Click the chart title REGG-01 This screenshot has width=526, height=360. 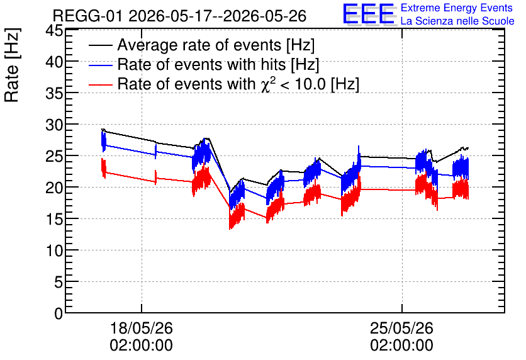89,16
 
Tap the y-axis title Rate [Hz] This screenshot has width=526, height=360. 12,65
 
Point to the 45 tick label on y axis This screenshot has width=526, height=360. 54,31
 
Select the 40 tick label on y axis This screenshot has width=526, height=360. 54,62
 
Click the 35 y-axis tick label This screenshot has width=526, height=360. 54,94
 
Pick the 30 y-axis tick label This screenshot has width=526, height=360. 54,125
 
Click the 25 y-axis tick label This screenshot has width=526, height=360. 54,157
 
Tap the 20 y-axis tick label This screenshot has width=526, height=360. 54,188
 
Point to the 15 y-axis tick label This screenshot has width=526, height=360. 54,220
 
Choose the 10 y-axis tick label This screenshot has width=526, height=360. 54,251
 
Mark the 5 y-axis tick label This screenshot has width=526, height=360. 59,283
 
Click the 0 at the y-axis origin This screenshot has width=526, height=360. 59,313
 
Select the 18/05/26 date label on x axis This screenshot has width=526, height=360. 141,328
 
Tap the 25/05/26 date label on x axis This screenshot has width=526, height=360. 401,328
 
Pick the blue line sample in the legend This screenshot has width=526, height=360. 100,65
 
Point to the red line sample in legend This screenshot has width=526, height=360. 100,85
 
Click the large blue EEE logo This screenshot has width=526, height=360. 369,14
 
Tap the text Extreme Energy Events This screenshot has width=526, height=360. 457,8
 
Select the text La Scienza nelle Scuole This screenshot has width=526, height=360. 457,21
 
